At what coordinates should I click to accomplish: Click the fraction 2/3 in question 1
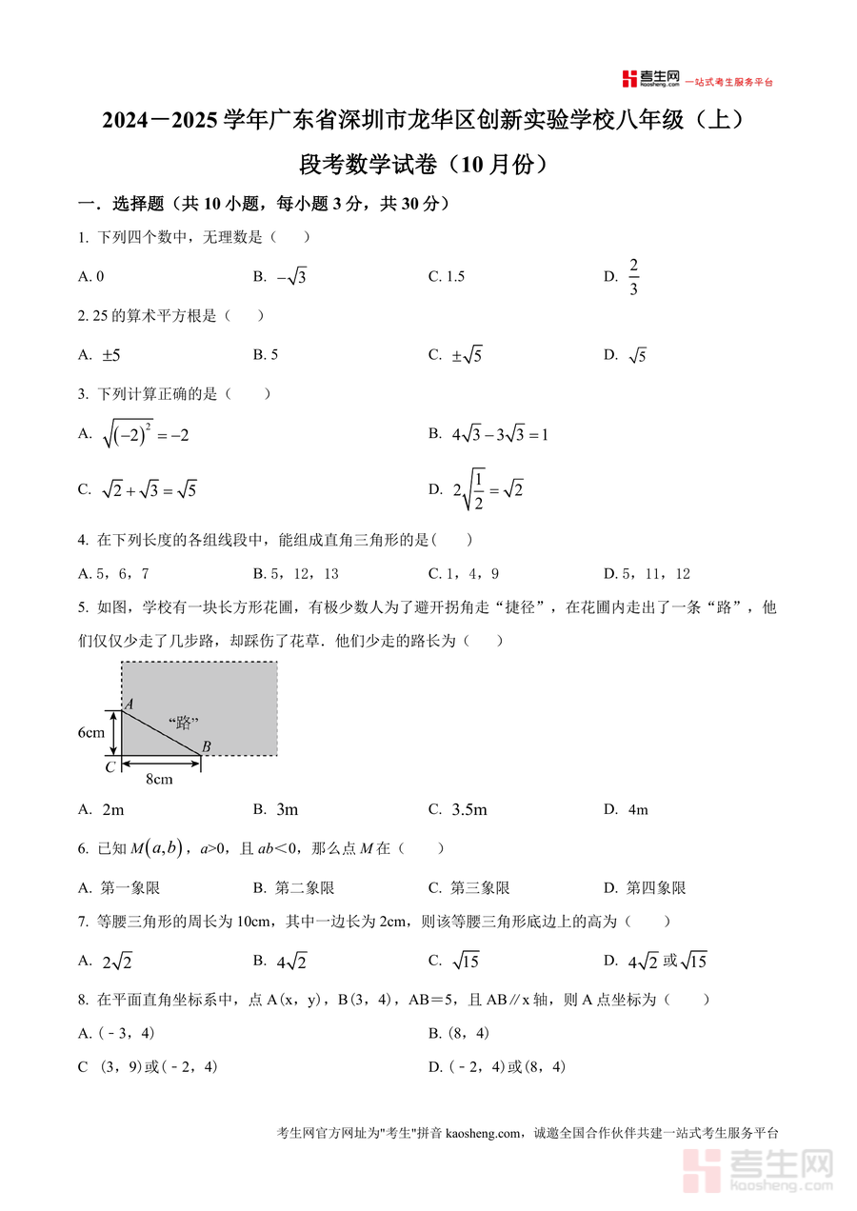point(633,276)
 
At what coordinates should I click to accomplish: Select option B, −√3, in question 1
point(291,277)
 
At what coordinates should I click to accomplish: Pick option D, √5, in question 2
point(637,356)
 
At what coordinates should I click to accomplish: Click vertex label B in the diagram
point(206,746)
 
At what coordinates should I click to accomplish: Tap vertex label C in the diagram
point(110,766)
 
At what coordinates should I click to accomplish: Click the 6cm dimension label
point(91,733)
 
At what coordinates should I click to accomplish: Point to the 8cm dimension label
point(159,780)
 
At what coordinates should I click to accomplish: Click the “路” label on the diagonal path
point(183,723)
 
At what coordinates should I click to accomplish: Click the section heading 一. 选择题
point(119,204)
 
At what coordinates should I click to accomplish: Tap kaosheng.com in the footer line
point(484,1133)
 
